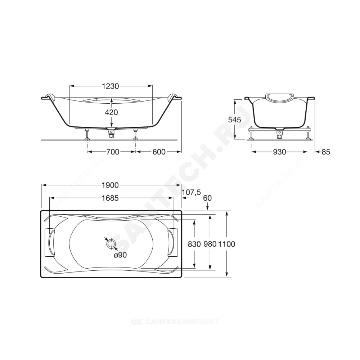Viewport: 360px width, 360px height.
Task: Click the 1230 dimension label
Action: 111,86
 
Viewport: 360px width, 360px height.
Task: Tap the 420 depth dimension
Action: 111,112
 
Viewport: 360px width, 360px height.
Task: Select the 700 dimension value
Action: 112,152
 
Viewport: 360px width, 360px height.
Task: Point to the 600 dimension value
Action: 159,152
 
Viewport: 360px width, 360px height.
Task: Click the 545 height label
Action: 235,120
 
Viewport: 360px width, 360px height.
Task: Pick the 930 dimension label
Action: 279,152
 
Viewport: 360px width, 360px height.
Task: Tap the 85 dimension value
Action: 325,152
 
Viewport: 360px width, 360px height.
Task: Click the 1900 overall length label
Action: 110,185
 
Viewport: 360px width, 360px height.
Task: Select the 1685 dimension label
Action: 110,198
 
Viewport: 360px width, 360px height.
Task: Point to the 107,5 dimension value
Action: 192,192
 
